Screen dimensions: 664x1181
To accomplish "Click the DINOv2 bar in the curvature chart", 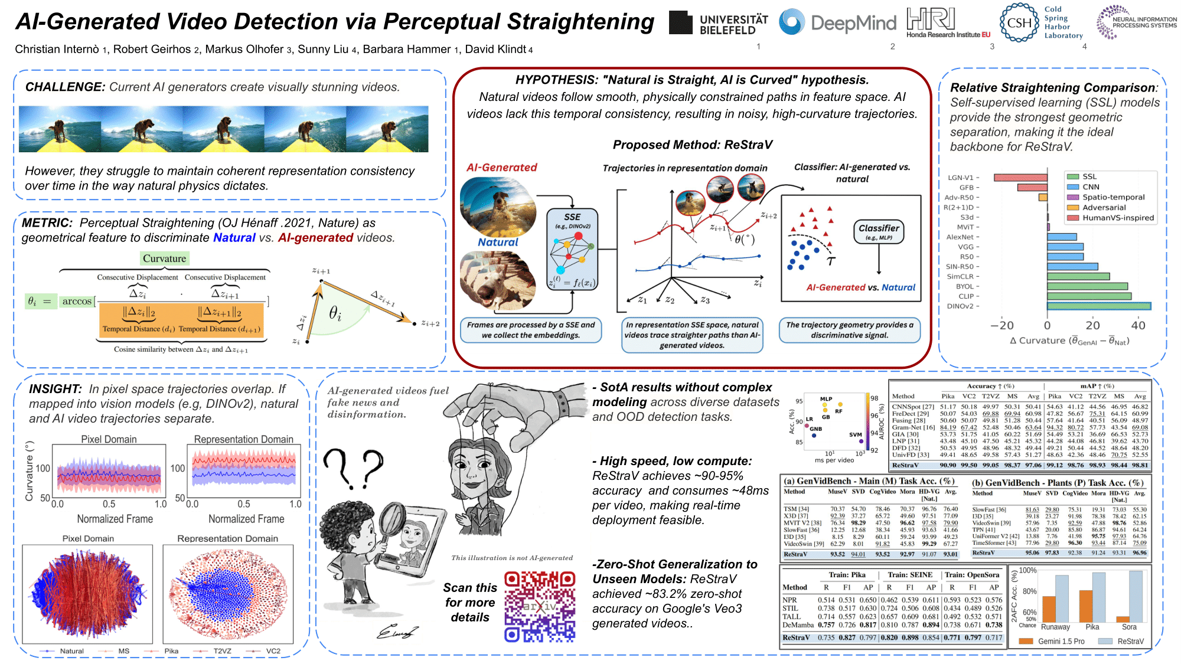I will click(1099, 306).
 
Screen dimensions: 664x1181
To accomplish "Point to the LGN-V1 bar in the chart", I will click(1020, 178).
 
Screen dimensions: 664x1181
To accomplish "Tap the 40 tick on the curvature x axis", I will click(1138, 325).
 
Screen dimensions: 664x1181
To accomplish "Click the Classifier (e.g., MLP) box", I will click(879, 232).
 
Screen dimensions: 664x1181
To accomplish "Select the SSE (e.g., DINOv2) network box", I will click(572, 248).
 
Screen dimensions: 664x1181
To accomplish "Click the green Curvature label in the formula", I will click(164, 259).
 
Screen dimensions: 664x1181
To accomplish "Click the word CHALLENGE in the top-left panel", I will click(65, 87).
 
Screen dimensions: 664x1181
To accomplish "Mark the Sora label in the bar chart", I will click(1129, 627).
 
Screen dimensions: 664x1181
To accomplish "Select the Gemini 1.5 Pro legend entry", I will click(1061, 642).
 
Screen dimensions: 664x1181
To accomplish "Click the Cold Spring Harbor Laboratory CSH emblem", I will click(1019, 23).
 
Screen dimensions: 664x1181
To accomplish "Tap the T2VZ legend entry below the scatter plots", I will click(222, 651).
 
